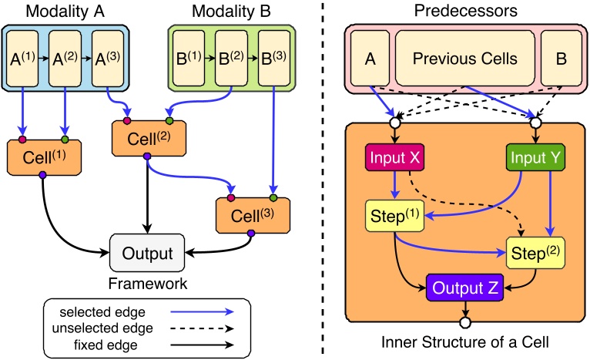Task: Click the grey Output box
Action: pyautogui.click(x=149, y=251)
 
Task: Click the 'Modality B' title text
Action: pyautogui.click(x=233, y=13)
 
